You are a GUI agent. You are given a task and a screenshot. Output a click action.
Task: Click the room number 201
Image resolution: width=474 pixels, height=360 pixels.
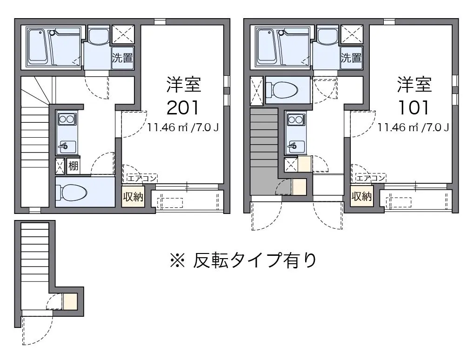tap(183, 108)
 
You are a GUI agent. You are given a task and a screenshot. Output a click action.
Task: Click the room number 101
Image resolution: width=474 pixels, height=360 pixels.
tap(413, 108)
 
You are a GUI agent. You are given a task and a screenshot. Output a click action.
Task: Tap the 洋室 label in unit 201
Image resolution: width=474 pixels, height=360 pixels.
tap(183, 84)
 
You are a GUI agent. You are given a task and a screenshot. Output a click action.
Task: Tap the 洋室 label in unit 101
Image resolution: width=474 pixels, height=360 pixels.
tap(414, 84)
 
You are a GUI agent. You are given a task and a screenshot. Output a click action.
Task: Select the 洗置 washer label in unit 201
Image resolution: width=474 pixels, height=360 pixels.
tap(122, 58)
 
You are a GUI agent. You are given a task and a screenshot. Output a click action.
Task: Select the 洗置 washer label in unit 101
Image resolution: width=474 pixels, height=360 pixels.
tap(351, 58)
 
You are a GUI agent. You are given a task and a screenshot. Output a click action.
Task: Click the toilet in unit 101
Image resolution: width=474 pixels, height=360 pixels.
tap(282, 90)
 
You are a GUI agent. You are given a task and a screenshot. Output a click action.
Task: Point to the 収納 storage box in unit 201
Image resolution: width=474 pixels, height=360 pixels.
tap(133, 197)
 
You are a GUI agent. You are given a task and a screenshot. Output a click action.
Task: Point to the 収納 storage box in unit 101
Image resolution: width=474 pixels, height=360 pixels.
tap(362, 197)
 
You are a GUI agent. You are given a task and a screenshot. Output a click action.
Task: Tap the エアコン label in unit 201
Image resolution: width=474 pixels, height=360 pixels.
tap(142, 178)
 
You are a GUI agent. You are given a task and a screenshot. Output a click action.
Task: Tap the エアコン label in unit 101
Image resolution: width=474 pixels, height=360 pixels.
tap(371, 178)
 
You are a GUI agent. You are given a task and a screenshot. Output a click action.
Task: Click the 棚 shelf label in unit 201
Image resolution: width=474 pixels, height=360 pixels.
tap(73, 166)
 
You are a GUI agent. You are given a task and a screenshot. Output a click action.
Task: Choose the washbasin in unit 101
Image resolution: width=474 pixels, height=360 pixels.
tap(327, 37)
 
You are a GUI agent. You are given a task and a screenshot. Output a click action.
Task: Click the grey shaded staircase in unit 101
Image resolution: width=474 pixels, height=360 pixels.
tap(264, 151)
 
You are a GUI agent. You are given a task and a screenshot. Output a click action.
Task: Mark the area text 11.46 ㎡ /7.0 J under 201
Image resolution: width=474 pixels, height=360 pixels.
tap(183, 127)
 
